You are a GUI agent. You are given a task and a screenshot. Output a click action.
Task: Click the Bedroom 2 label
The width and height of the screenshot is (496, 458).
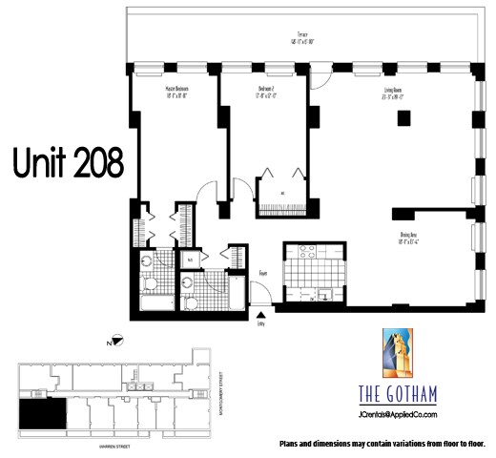tap(266, 92)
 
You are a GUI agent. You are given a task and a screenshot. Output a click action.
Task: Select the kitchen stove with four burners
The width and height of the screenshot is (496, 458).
tap(308, 253)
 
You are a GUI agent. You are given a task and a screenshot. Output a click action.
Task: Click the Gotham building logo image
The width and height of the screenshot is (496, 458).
tap(398, 353)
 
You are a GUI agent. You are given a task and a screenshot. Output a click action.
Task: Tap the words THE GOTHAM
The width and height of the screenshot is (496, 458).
tap(398, 394)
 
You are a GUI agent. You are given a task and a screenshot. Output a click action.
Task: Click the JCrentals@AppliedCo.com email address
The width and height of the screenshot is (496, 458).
tap(398, 414)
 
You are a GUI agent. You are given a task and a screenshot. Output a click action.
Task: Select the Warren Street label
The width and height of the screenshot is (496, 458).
tap(113, 444)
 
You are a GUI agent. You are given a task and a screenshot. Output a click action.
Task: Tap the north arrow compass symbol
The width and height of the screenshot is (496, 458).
tap(114, 340)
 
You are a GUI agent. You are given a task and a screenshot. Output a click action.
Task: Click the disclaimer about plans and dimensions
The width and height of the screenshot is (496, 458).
tap(382, 444)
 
